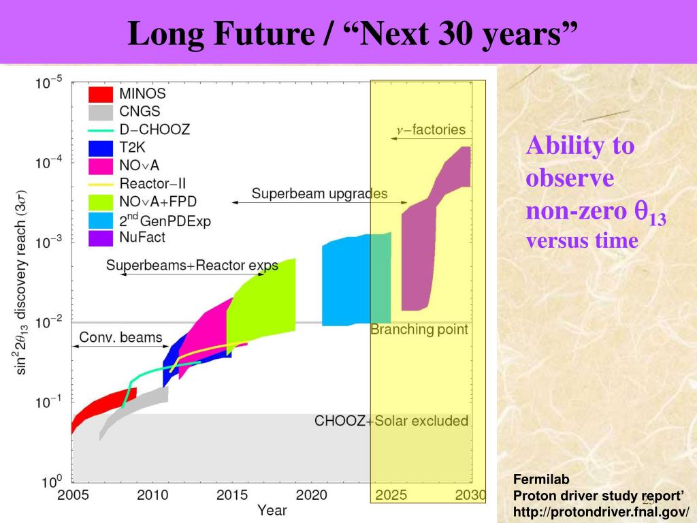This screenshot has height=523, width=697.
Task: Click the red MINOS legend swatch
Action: click(101, 94)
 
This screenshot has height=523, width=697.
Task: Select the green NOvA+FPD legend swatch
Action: click(101, 202)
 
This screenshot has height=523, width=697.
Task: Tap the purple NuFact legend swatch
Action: click(101, 238)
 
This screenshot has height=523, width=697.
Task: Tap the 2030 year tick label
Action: click(470, 495)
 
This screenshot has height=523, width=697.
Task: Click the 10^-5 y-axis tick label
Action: click(50, 83)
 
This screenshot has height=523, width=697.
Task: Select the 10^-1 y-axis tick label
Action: click(50, 402)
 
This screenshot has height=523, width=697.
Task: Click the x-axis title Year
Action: click(272, 510)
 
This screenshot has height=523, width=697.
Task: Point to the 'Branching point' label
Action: click(419, 330)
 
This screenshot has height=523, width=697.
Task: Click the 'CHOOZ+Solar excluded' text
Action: click(391, 421)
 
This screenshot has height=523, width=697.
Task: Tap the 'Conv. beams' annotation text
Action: click(121, 337)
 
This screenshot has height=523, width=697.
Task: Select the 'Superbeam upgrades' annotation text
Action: click(319, 193)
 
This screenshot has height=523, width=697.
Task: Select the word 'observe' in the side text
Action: click(570, 178)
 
